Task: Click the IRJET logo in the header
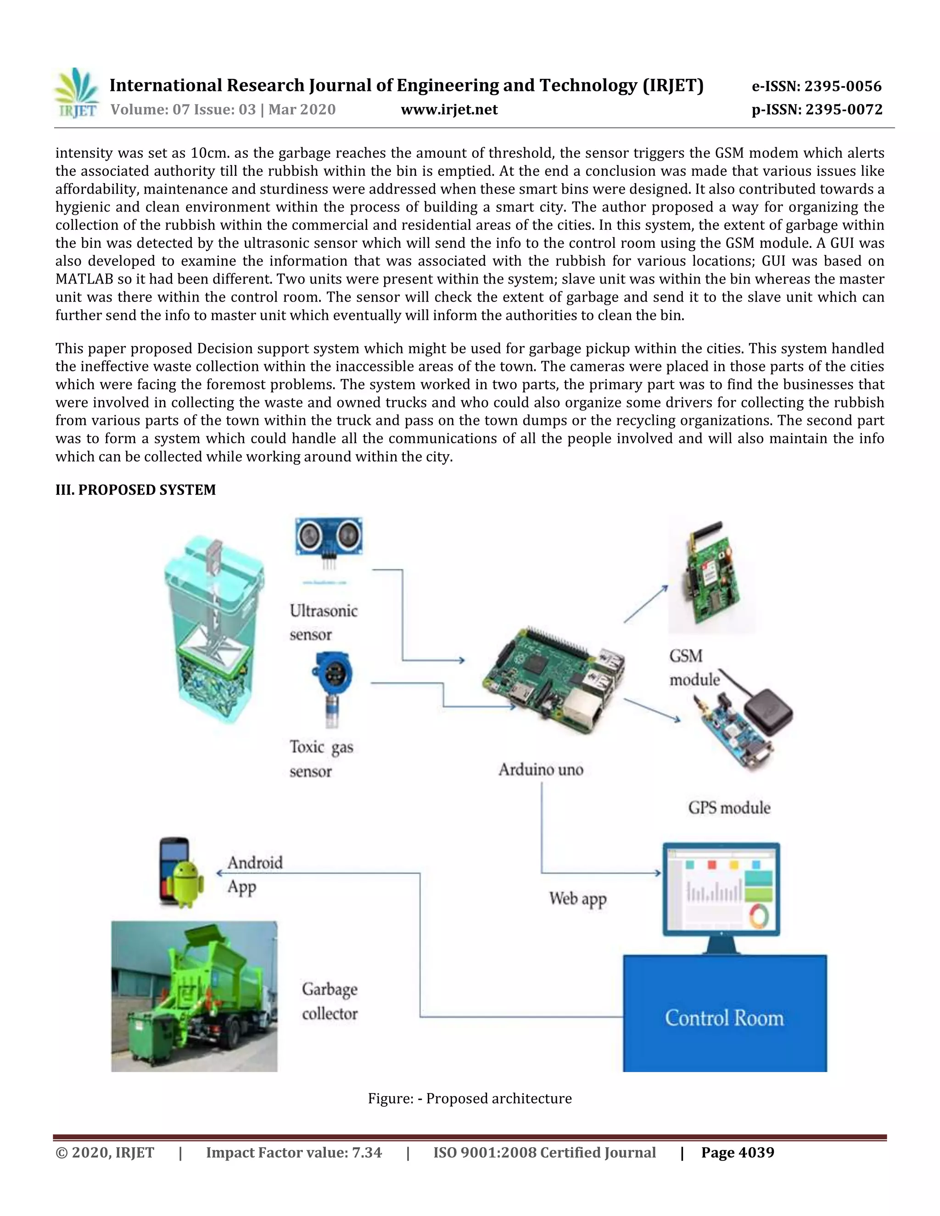(77, 94)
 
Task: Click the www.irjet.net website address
(449, 110)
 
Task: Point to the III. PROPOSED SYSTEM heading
(135, 490)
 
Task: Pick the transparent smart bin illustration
(214, 629)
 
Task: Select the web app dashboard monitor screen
(721, 890)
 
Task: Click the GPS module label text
(729, 808)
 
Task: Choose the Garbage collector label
(330, 1001)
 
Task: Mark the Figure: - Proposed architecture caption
(470, 1099)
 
